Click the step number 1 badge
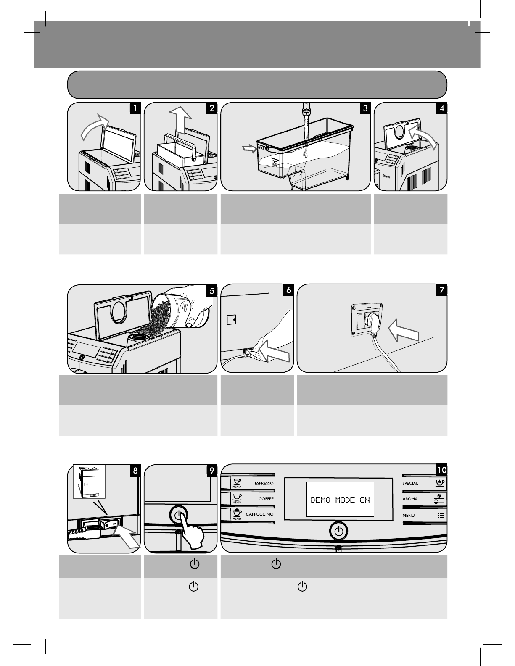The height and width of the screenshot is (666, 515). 135,108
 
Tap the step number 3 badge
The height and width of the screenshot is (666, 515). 364,108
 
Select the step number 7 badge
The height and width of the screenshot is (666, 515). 441,290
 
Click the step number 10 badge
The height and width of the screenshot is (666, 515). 441,469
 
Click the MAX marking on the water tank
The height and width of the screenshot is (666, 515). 261,148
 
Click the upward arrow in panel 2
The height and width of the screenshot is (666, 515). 180,120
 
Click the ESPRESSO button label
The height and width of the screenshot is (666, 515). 264,483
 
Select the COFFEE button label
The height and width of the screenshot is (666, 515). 266,499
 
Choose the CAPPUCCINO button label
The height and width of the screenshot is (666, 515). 259,514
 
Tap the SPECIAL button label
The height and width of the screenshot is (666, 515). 410,483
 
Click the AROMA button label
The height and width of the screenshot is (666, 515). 410,499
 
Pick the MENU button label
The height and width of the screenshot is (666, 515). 409,515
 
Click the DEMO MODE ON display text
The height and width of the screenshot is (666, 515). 340,500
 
